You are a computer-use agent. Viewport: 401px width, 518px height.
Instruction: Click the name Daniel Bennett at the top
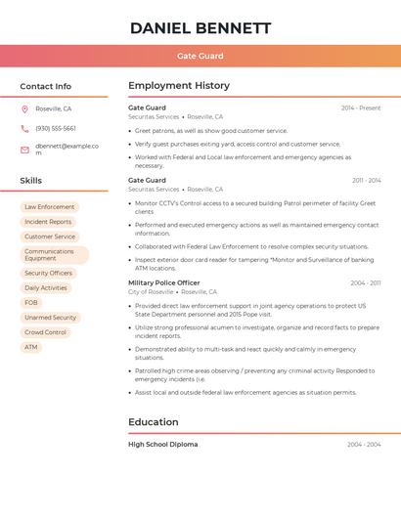click(x=200, y=28)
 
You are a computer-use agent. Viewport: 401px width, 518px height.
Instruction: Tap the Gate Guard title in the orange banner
click(x=200, y=57)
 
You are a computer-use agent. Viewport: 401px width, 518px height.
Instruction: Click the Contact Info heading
click(x=45, y=86)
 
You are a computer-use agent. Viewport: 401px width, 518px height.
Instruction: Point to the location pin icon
click(x=24, y=108)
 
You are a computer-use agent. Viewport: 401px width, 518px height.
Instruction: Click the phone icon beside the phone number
click(x=24, y=128)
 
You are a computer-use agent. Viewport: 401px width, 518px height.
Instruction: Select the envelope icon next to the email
click(x=24, y=150)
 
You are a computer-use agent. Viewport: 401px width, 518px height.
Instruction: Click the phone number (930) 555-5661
click(x=56, y=128)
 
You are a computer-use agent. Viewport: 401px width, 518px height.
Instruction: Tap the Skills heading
click(x=31, y=181)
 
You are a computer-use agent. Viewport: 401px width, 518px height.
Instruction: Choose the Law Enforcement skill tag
click(x=50, y=207)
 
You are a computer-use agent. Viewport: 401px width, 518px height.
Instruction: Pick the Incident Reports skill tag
click(x=48, y=222)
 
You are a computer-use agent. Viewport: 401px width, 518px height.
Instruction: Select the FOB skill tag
click(x=31, y=303)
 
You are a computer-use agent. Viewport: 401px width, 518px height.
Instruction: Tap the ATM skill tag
click(x=31, y=347)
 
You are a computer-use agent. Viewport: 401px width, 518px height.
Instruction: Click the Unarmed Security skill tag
click(x=50, y=318)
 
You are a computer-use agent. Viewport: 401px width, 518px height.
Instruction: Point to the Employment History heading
click(x=179, y=86)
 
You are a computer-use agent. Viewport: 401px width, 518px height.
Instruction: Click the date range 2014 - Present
click(x=361, y=108)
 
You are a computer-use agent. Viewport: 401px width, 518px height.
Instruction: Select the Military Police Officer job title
click(x=164, y=282)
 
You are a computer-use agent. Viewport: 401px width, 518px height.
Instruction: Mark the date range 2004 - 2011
click(x=366, y=283)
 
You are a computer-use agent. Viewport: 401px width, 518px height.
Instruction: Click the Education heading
click(x=154, y=422)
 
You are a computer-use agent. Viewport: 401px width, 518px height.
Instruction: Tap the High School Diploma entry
click(x=163, y=445)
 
